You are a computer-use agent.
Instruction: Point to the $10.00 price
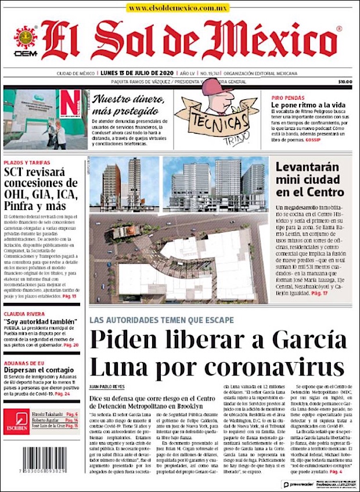click(345, 82)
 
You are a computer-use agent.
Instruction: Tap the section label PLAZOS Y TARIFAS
click(27, 162)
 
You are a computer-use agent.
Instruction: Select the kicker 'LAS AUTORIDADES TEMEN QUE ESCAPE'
click(161, 320)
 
